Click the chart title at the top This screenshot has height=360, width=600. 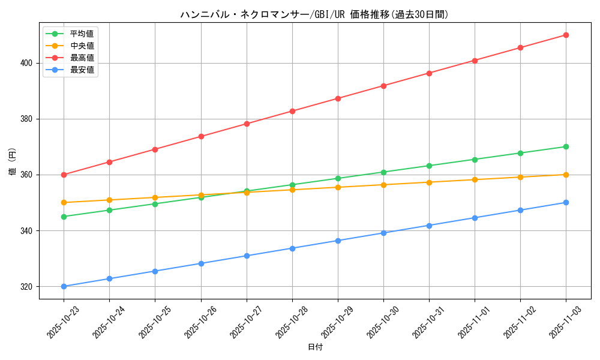tap(314, 14)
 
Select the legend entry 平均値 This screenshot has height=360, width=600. tap(82, 34)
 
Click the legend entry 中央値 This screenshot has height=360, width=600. tap(82, 46)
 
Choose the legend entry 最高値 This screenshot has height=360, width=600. tap(82, 58)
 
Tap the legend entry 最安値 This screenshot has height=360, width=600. tap(82, 70)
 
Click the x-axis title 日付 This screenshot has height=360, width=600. tap(314, 347)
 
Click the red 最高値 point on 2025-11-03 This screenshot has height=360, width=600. tap(566, 35)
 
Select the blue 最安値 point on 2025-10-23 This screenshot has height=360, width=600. tap(64, 286)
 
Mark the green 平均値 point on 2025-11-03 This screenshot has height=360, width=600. tap(566, 146)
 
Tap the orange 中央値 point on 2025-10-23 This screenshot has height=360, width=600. tap(64, 202)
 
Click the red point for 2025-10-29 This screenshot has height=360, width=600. tap(338, 98)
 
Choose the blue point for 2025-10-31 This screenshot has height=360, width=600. tap(429, 226)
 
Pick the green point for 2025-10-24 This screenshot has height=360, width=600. tap(109, 210)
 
